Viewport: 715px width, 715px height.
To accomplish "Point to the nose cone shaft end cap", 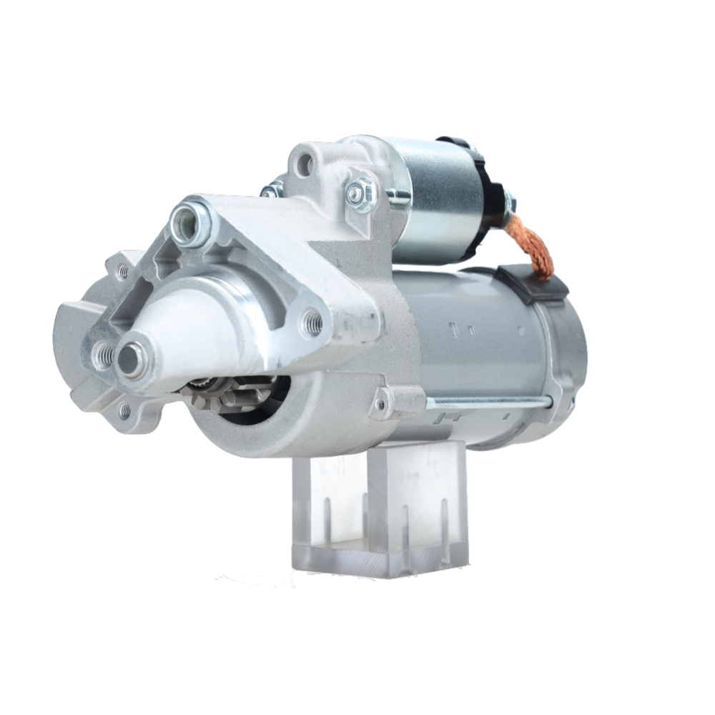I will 132,359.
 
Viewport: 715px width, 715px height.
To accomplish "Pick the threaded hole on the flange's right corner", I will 312,323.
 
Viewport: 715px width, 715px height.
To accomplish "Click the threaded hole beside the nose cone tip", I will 103,353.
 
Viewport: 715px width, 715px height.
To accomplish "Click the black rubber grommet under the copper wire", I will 533,283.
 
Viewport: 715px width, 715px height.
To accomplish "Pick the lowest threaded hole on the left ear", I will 125,410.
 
